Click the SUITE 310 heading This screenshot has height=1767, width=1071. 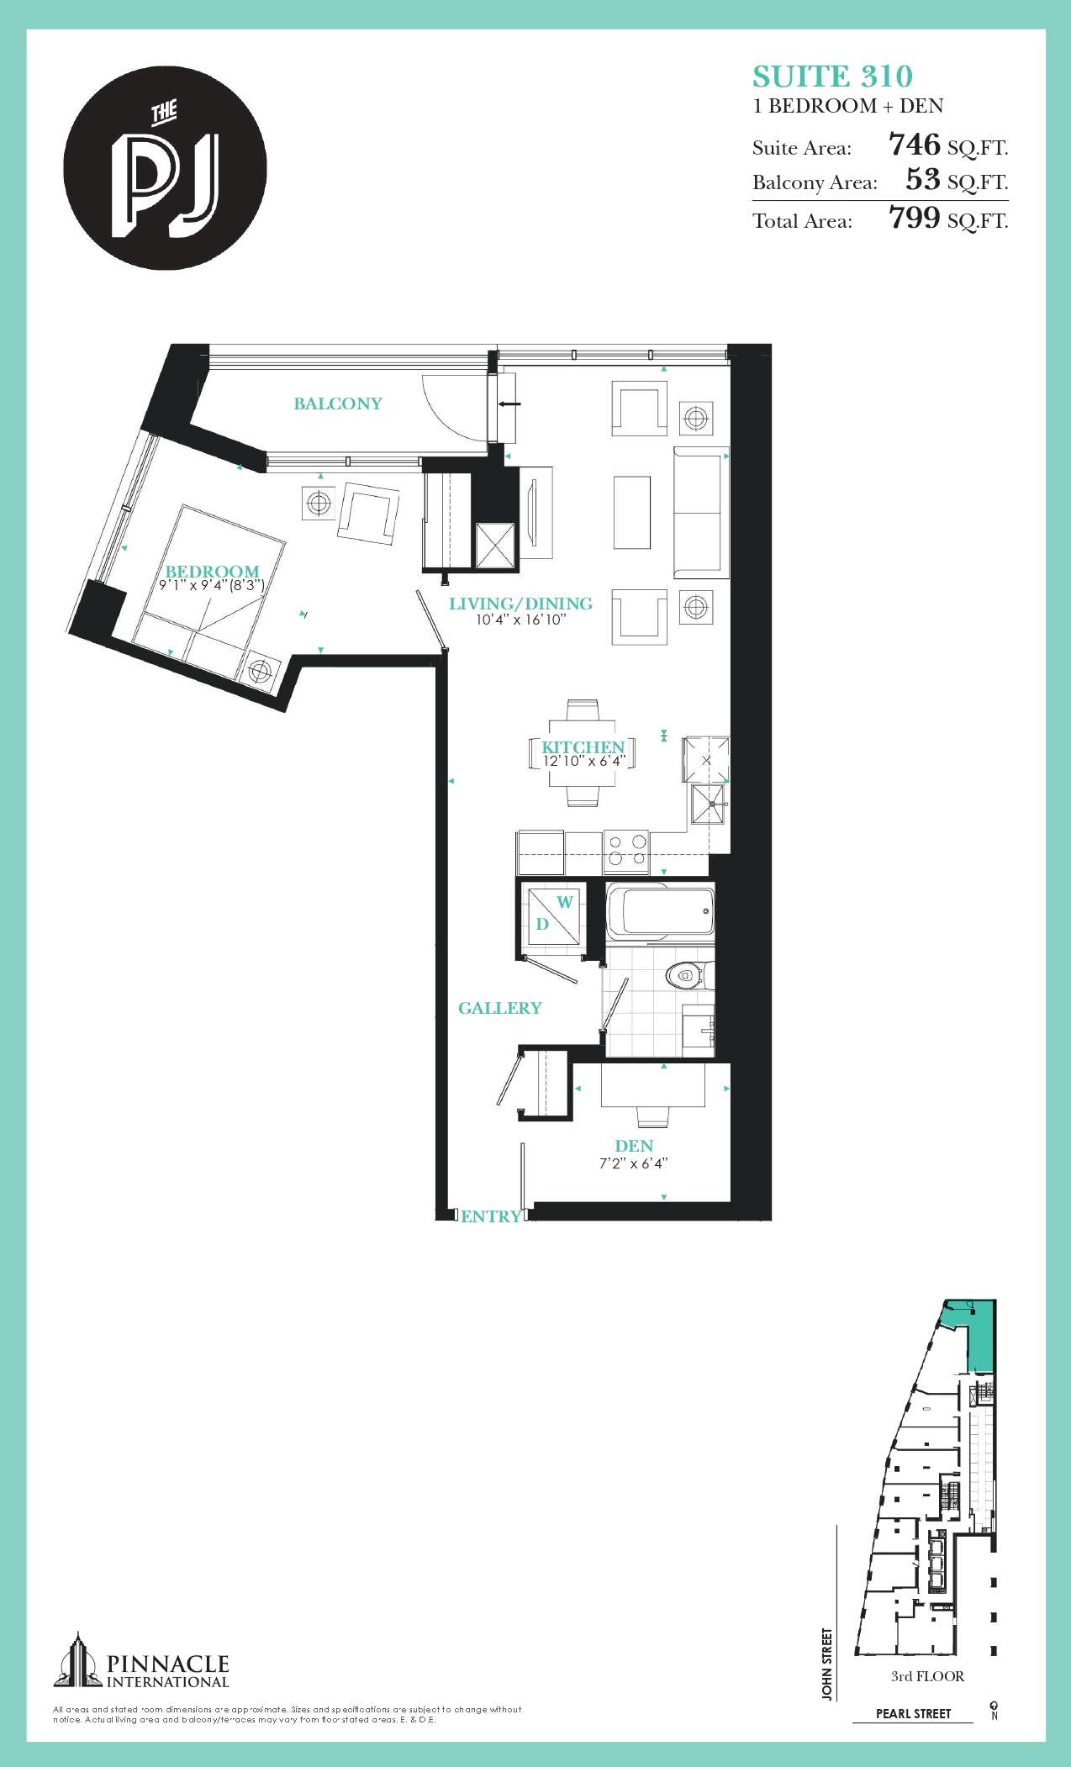tap(832, 76)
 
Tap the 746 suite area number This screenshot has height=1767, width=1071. tap(914, 145)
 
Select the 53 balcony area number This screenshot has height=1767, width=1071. tap(922, 179)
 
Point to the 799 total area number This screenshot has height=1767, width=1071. tap(914, 218)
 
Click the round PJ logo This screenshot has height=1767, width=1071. tap(166, 168)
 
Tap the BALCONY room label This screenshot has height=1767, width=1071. tap(338, 404)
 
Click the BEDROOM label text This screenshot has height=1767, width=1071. tap(212, 572)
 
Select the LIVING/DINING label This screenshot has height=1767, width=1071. tap(520, 604)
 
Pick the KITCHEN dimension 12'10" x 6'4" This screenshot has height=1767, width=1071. tap(583, 762)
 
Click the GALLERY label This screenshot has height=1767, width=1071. tap(499, 1008)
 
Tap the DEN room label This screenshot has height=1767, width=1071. tap(634, 1146)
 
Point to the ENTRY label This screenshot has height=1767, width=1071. tap(491, 1216)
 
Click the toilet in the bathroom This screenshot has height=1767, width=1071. tap(688, 975)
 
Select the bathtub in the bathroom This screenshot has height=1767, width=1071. tap(660, 911)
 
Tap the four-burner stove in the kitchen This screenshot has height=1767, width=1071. tap(627, 850)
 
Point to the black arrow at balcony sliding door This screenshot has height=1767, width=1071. tap(509, 404)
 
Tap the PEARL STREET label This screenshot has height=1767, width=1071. tap(913, 1713)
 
